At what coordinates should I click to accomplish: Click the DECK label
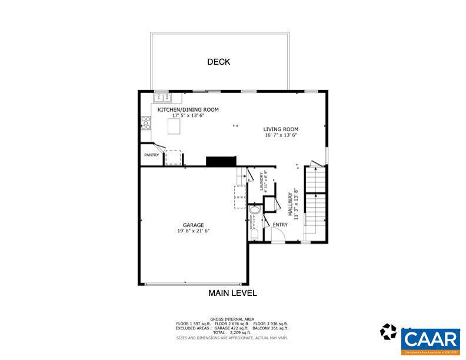[218, 62]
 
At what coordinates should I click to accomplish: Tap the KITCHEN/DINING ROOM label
[188, 110]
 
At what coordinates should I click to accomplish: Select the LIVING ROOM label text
[281, 129]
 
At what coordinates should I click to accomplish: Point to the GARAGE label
[193, 225]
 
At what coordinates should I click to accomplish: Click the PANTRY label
[152, 155]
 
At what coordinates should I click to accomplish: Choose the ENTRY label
[280, 224]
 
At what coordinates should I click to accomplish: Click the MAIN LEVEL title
[232, 293]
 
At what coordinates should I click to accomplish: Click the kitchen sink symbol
[162, 98]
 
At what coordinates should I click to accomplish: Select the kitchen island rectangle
[174, 126]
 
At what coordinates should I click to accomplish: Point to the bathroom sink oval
[254, 210]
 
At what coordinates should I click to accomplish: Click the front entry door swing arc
[278, 235]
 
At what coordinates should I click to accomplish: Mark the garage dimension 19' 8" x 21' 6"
[193, 231]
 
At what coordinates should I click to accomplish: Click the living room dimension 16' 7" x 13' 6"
[281, 135]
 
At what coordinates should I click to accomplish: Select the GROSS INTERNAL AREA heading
[233, 319]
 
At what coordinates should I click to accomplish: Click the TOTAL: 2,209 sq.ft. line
[233, 332]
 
